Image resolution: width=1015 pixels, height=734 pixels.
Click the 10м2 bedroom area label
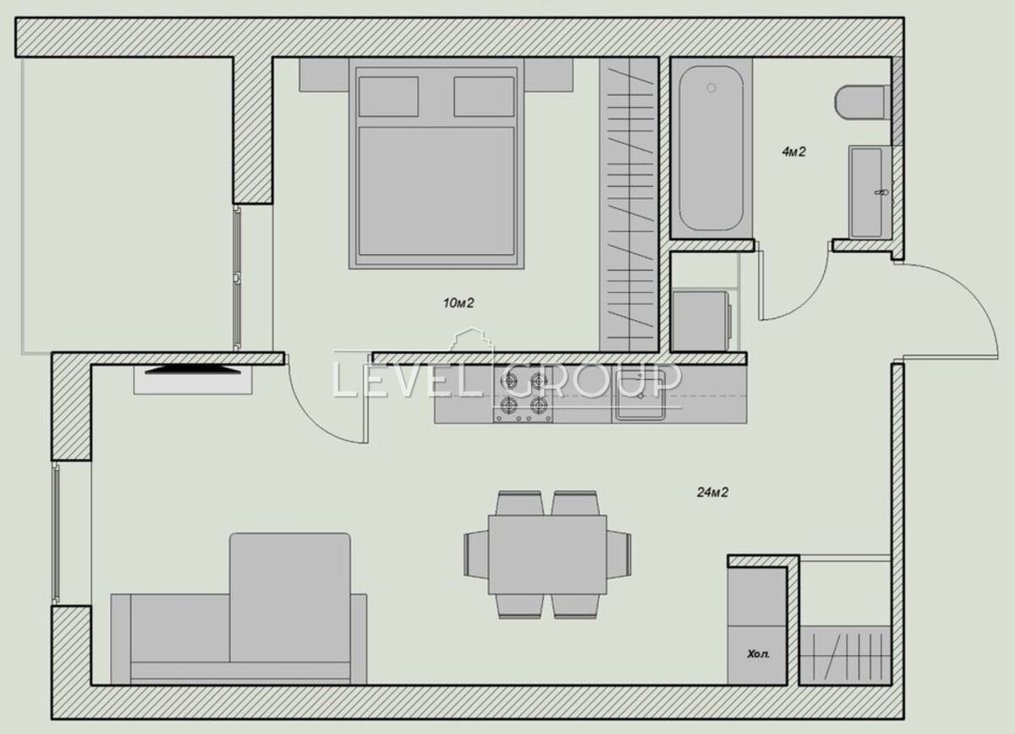point(458,303)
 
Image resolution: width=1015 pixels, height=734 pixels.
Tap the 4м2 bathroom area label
point(793,152)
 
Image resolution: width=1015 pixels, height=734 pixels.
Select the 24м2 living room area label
point(712,492)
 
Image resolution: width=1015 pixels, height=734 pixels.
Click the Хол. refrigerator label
point(758,654)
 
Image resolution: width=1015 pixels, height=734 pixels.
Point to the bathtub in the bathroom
point(711,148)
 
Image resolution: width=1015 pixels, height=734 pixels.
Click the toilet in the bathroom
point(860,102)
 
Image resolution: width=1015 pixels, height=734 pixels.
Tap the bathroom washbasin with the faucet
point(870,192)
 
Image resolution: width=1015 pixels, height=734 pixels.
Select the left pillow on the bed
point(388,97)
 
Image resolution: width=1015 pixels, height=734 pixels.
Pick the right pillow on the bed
point(484,97)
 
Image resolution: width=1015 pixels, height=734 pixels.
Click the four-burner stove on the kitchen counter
point(523,394)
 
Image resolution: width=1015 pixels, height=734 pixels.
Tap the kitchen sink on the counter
point(640,393)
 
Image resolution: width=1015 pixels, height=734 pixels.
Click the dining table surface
point(547,555)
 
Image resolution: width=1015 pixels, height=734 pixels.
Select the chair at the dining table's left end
point(476,555)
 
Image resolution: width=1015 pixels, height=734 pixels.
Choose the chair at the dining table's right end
point(619,555)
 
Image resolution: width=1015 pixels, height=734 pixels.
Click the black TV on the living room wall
point(193,370)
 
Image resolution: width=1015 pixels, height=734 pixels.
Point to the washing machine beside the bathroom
point(702,321)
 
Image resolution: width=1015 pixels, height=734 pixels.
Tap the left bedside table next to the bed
point(324,75)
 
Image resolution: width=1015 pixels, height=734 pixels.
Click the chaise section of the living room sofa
point(290,598)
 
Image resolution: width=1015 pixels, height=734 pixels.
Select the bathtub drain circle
point(711,88)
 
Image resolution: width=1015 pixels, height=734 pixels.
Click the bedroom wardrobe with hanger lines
point(629,205)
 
